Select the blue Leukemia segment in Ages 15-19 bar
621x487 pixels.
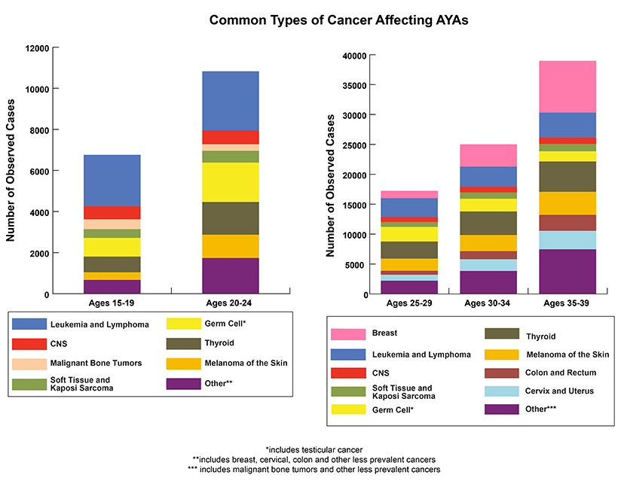[112, 180]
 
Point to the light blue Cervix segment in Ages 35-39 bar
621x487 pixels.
[567, 240]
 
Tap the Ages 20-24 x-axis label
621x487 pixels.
[231, 303]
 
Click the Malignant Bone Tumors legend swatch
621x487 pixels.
[27, 363]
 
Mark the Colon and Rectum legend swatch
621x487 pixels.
[501, 372]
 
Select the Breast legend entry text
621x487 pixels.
[385, 333]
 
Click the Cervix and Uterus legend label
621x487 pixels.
[560, 391]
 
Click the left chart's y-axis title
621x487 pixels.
[11, 172]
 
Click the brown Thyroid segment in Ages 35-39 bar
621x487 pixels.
[567, 177]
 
